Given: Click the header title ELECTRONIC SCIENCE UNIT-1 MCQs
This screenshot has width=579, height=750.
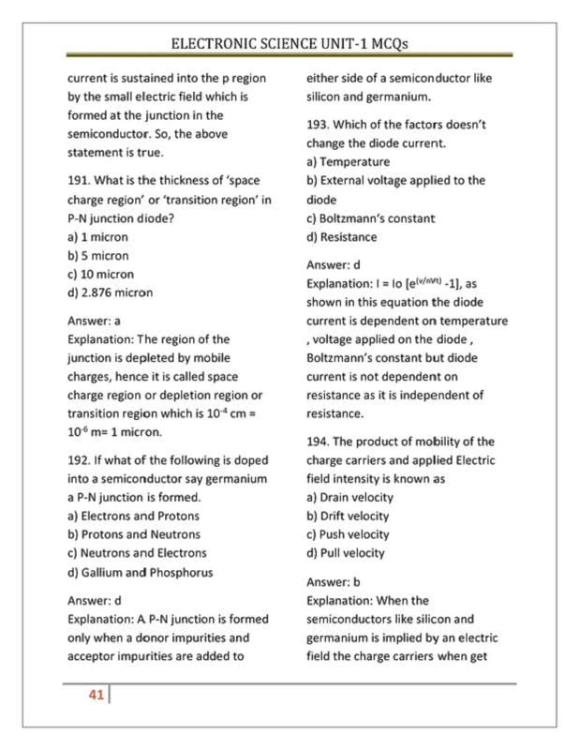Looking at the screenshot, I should pos(289,43).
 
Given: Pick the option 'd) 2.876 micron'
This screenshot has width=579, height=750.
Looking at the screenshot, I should pos(110,292).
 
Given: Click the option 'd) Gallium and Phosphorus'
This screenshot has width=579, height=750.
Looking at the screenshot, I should pos(140,572).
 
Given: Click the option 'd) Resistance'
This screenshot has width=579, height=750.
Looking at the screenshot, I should pos(342,237).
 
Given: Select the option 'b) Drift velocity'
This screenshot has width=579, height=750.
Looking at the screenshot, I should pos(348,516).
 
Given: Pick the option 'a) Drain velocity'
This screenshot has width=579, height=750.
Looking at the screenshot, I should pos(349,497).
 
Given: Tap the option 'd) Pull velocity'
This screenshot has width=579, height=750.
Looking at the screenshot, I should pos(346,553).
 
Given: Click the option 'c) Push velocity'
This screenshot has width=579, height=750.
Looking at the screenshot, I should pos(348,534).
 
